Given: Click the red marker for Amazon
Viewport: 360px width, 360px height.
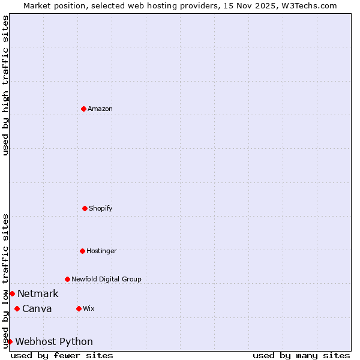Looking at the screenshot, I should click(83, 109).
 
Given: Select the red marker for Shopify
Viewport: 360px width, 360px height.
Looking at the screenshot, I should click(85, 208).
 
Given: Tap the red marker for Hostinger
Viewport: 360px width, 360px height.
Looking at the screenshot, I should click(82, 251).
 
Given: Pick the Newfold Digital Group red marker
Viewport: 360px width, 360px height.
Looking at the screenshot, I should click(67, 279).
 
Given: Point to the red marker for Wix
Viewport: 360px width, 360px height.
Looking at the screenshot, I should click(79, 308).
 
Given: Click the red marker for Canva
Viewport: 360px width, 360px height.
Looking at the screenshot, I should click(17, 308).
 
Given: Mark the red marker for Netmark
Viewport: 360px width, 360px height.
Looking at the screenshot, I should click(12, 293).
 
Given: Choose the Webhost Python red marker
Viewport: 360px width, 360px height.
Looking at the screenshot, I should click(10, 341).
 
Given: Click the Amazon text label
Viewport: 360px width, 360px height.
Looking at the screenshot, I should click(100, 109).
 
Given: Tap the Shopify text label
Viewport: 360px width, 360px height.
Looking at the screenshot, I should click(101, 208).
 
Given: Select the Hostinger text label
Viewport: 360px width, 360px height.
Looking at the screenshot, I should click(101, 251).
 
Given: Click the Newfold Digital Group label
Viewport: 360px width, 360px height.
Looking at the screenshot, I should click(106, 279).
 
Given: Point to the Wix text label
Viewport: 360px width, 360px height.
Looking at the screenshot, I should click(89, 308).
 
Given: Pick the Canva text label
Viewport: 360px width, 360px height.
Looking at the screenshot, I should click(37, 308).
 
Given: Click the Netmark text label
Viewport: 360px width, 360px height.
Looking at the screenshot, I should click(38, 293).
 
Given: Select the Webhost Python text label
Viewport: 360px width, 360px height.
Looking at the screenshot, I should click(54, 341).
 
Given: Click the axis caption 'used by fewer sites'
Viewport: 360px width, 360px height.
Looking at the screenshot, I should click(62, 355).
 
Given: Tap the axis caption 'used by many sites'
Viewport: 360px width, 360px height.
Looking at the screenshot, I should click(301, 355).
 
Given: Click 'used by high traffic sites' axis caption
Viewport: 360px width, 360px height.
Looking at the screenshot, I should click(5, 85).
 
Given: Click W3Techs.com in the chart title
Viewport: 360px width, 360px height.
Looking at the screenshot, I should click(309, 5).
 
